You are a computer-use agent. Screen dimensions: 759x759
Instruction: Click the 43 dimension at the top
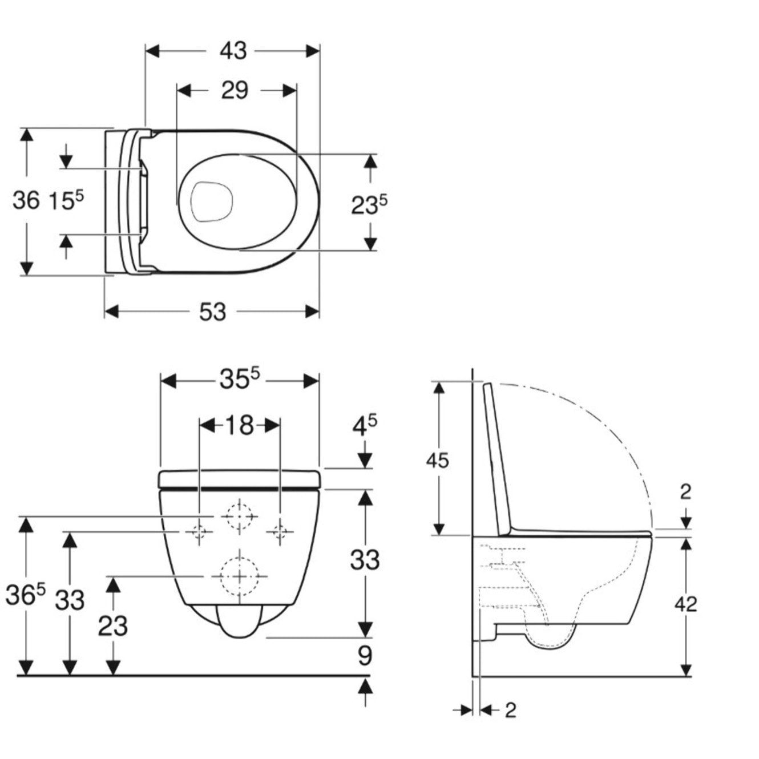point(233,51)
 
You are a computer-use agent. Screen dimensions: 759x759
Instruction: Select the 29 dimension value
point(235,90)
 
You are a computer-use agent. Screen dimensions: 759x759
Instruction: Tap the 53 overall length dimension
point(212,312)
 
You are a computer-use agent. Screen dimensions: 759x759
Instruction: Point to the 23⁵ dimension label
point(369,204)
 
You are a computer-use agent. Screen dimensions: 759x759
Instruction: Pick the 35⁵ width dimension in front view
point(239,379)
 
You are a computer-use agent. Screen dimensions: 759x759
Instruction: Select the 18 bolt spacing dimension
point(239,425)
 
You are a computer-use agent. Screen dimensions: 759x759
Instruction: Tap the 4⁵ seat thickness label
point(364,425)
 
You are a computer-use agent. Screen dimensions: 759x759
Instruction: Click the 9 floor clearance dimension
point(365,656)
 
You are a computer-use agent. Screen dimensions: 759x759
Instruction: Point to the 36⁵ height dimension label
point(25,595)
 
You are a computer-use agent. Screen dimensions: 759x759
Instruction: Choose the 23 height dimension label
point(112,626)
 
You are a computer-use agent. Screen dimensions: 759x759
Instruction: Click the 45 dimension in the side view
point(437,460)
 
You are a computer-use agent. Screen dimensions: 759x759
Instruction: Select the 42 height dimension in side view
point(685,604)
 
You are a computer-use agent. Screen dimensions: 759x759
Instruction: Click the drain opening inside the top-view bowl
point(211,201)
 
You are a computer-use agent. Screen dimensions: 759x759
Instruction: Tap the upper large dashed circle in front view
point(240,515)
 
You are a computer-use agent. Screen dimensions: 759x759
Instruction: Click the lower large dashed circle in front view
point(240,576)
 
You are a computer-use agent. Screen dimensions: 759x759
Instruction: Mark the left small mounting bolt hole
point(199,532)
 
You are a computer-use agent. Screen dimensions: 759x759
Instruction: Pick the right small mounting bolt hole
point(280,532)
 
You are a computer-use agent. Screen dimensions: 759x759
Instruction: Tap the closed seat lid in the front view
point(240,479)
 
